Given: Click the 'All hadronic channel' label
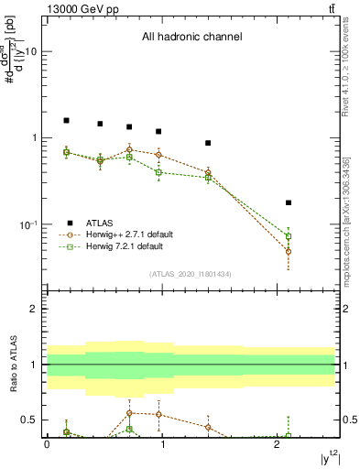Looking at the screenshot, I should [x=191, y=38].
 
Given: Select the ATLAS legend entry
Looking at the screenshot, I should [x=100, y=223].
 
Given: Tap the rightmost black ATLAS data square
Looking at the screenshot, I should [x=289, y=202].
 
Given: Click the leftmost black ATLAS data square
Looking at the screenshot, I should [x=66, y=120].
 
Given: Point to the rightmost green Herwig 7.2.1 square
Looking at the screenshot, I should [x=289, y=236].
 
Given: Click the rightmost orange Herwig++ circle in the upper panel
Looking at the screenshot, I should [x=289, y=251].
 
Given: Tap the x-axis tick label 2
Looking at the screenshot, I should [x=278, y=443].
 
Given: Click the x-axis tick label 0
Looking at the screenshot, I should [x=47, y=443].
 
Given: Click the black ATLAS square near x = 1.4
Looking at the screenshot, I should [x=208, y=143].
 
